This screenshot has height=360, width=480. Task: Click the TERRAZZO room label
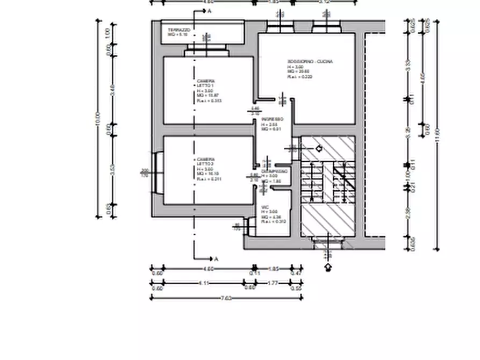coord(178,30)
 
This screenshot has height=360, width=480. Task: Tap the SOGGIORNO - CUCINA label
coord(310,62)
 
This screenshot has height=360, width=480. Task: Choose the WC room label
coord(265,207)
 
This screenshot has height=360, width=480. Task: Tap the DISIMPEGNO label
coord(275,171)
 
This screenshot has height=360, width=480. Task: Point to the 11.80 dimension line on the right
coord(436,134)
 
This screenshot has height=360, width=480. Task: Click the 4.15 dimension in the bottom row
coord(204,284)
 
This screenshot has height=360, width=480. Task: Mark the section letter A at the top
coord(209,11)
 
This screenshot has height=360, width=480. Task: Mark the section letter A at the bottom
coord(216,259)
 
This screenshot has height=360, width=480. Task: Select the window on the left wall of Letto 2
coord(156,172)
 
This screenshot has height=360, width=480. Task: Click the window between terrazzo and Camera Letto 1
coord(206,52)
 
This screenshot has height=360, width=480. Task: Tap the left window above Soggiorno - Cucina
coord(280,26)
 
